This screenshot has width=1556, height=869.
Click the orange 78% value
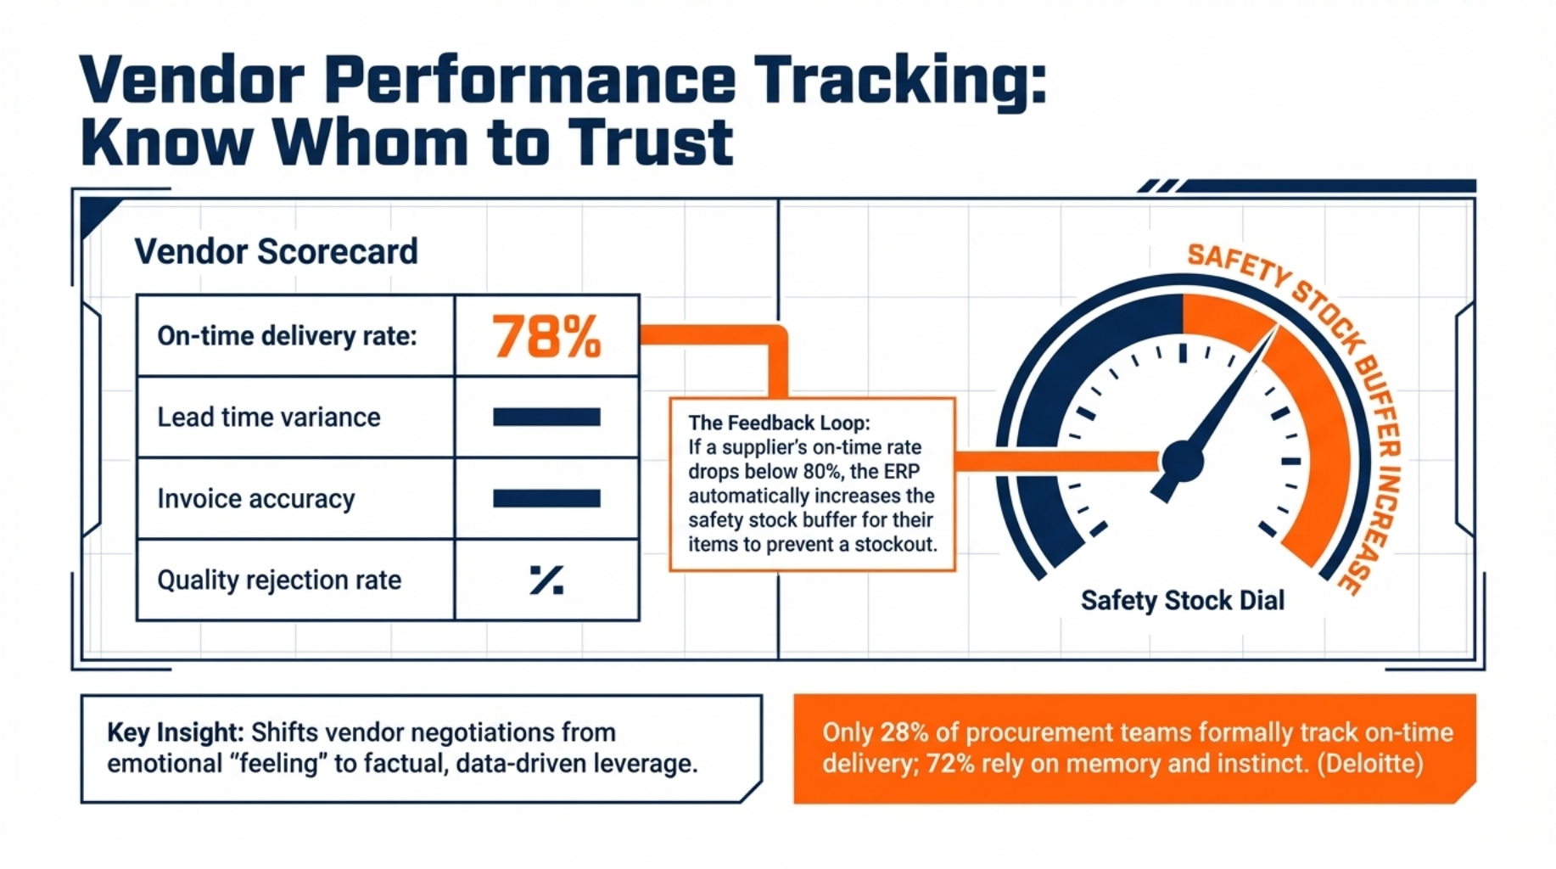pos(546,336)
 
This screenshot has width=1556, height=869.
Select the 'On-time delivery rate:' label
pos(287,336)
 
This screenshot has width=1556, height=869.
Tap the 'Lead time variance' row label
pos(268,418)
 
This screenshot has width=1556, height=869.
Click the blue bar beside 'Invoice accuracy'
pos(546,498)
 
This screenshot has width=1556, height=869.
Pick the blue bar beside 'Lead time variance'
pos(546,417)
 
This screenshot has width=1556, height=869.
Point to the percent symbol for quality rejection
pos(546,580)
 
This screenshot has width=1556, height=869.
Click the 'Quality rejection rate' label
pos(278,580)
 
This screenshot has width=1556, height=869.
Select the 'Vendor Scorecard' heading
pos(276,251)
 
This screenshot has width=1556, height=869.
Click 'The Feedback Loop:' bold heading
pos(778,423)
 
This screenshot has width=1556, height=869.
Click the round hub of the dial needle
pos(1182,461)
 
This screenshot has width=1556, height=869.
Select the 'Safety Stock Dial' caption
pos(1182,601)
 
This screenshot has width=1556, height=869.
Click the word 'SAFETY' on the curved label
pos(1236,265)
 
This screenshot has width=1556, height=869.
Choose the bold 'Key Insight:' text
pos(175,732)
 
